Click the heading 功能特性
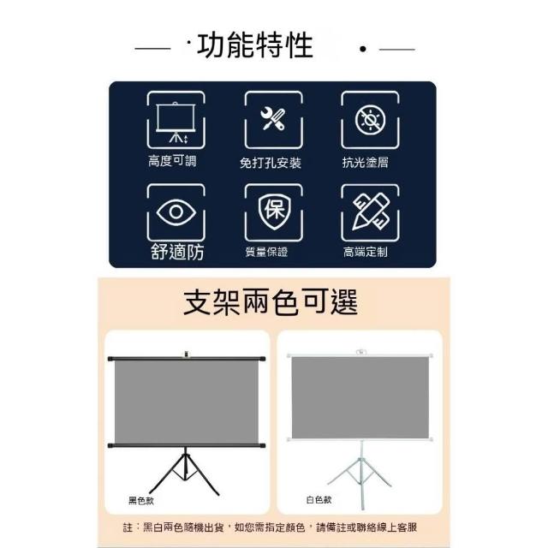[255, 45]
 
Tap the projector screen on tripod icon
[176, 122]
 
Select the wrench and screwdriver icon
[273, 119]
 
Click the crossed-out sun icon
[370, 120]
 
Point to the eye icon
[176, 211]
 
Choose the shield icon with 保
[274, 211]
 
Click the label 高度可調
[172, 161]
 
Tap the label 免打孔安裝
[271, 163]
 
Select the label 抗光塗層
[366, 162]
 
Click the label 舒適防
[177, 252]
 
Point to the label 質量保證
[266, 252]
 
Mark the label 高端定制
[366, 252]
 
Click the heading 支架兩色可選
[271, 302]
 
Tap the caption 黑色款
[141, 501]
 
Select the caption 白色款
[319, 500]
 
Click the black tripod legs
[185, 472]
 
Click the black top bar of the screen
[187, 359]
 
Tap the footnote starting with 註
[270, 527]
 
